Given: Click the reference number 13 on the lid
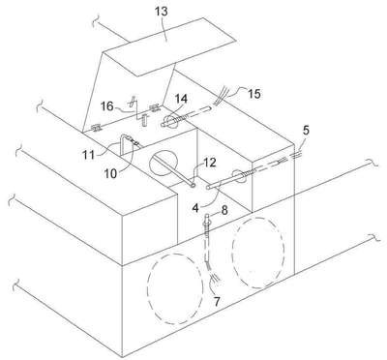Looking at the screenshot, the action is [x=162, y=12].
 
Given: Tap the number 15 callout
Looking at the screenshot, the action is [x=254, y=94].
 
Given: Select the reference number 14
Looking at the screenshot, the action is [x=181, y=99].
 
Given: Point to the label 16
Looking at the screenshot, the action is [x=106, y=105].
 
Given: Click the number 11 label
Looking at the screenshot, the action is [x=88, y=155].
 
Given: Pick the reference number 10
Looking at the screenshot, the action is [x=110, y=173].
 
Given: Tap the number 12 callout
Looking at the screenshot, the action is [x=209, y=163].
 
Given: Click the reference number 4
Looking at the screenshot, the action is [x=195, y=208].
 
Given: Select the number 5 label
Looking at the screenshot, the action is [x=306, y=131].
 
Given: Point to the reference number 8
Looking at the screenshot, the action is [x=224, y=210].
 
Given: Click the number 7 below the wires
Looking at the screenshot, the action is [x=217, y=302].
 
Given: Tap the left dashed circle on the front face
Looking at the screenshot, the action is [x=175, y=288].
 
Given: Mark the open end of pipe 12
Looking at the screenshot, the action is [x=193, y=185].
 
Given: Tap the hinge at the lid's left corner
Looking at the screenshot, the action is [x=96, y=129].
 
